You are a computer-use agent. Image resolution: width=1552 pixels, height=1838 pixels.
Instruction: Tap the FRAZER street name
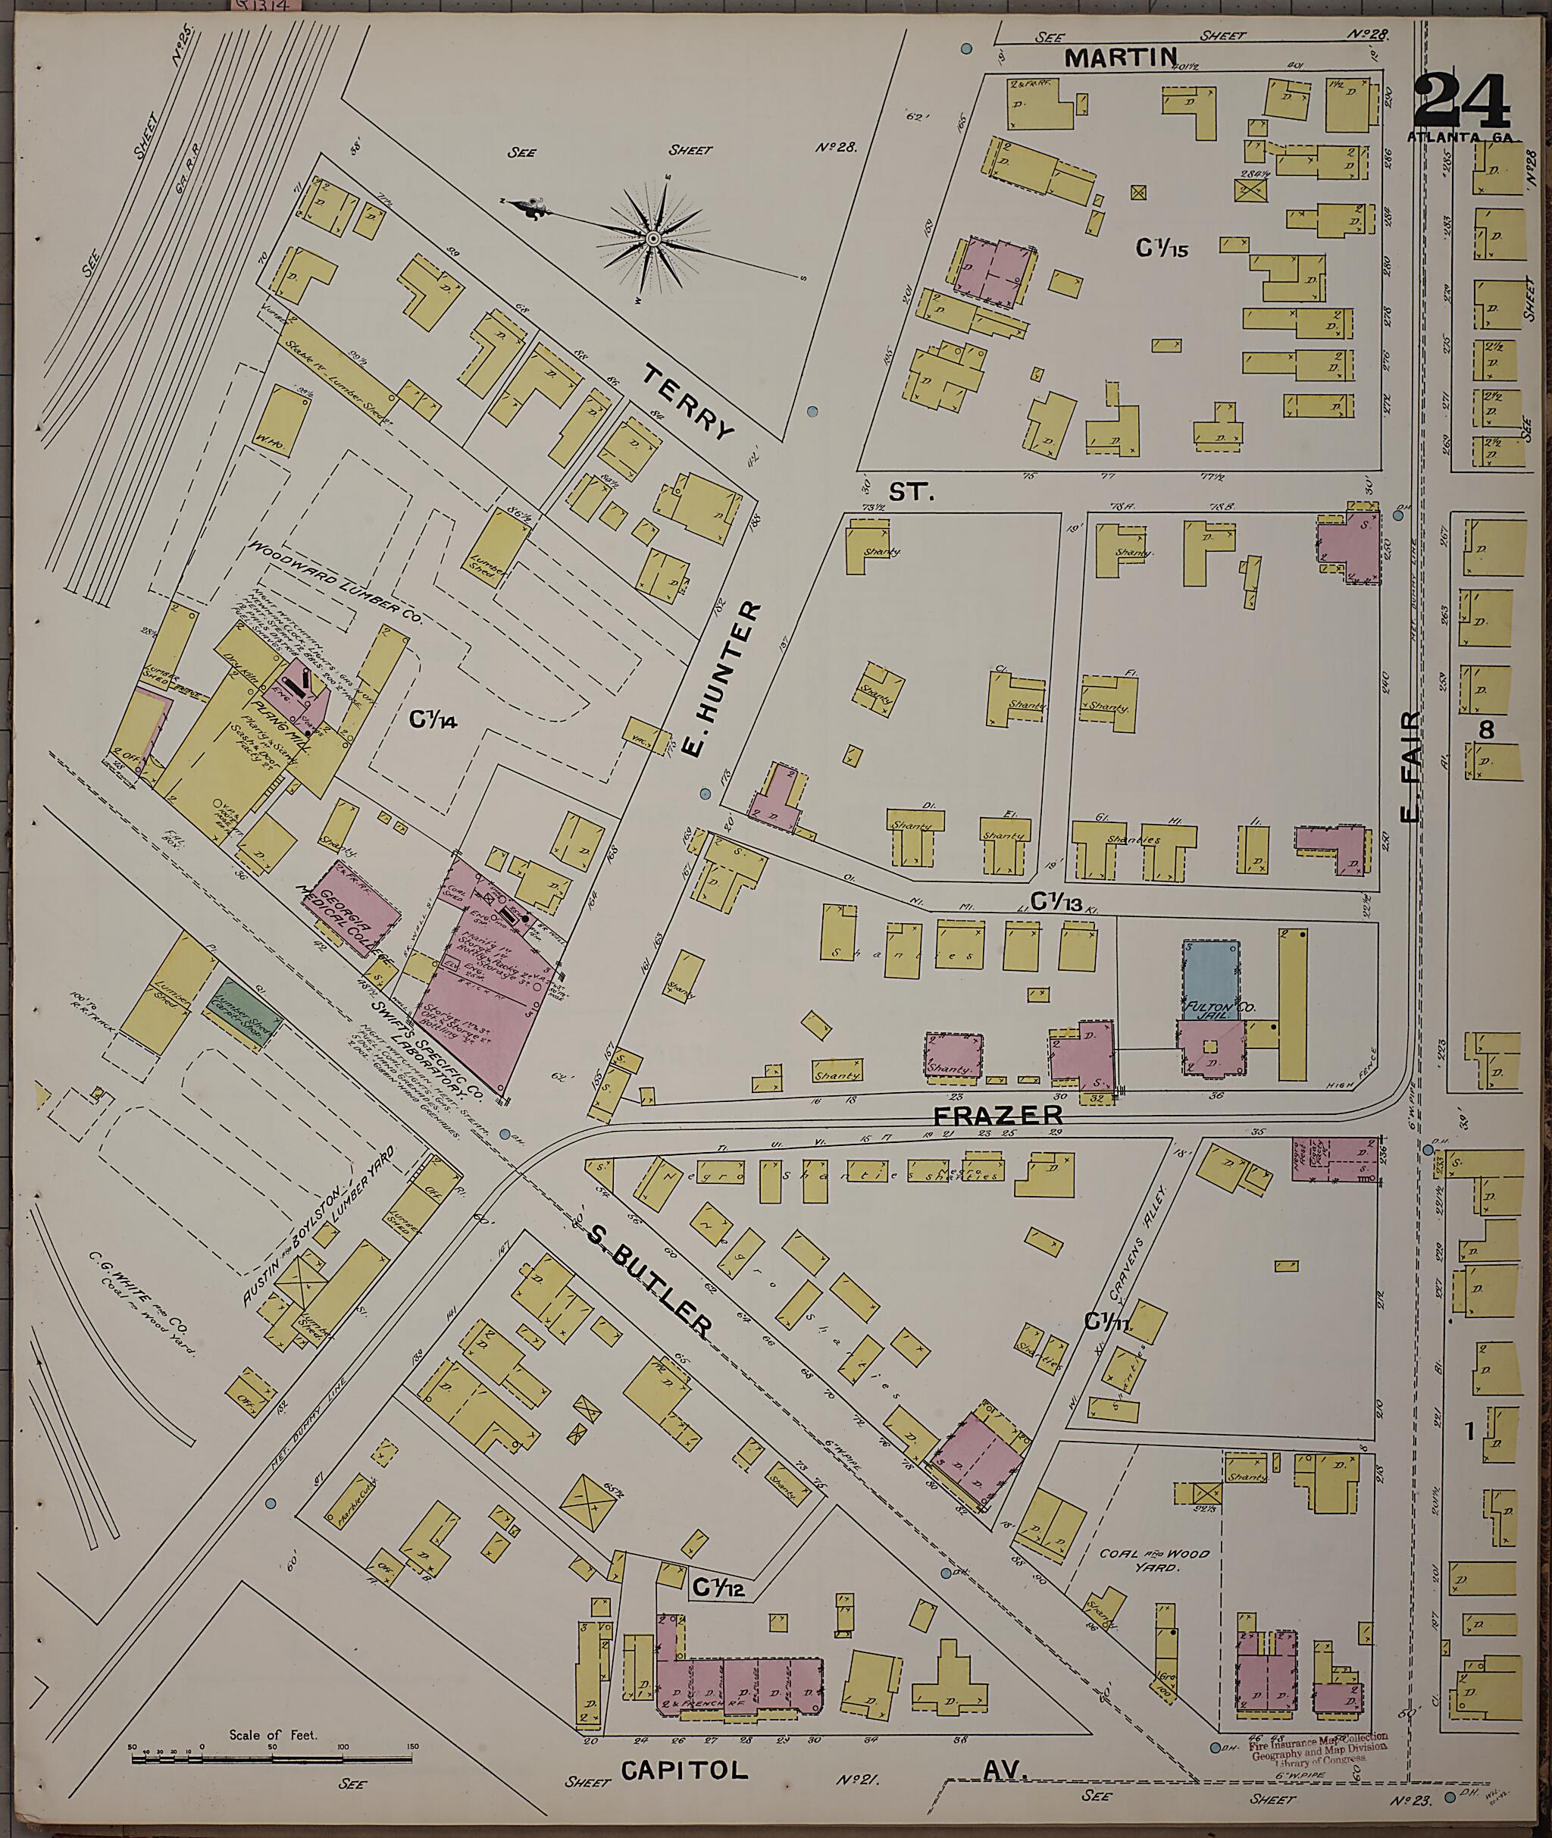point(1009,1115)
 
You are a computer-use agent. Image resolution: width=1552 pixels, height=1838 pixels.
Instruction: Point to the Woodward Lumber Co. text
point(336,581)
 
